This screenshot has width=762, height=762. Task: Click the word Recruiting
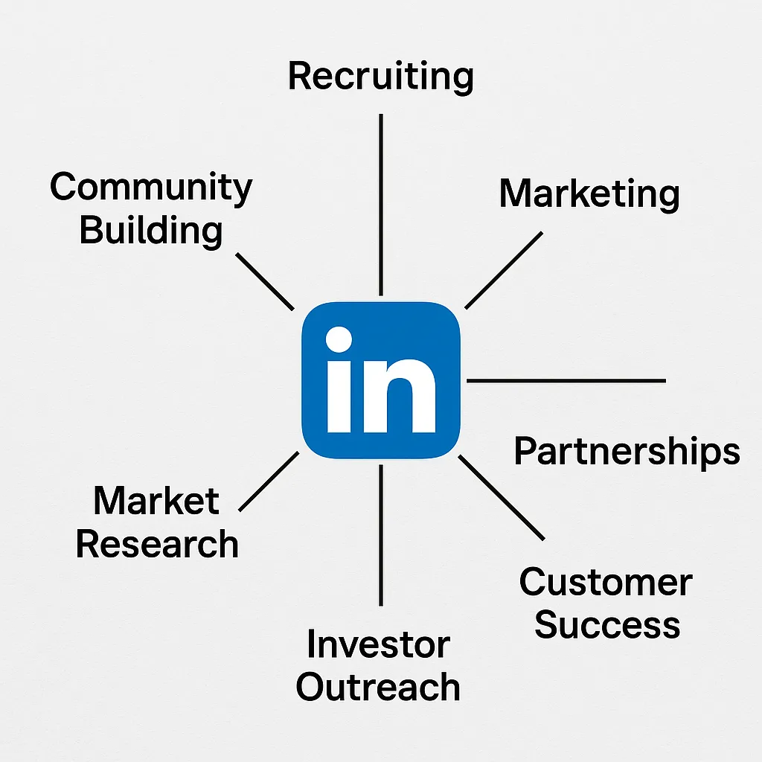[380, 77]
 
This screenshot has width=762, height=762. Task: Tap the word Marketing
[589, 194]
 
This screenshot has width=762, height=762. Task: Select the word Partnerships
[627, 452]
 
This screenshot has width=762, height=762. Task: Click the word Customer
[606, 582]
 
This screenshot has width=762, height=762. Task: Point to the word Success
[607, 624]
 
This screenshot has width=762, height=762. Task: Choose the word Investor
[378, 644]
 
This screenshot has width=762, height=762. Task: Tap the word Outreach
[378, 686]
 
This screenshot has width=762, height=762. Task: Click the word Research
[157, 544]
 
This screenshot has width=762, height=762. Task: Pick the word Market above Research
[156, 502]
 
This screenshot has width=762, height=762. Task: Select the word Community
[151, 188]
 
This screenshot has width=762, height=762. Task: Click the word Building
[151, 230]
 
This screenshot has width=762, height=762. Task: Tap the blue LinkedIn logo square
[380, 380]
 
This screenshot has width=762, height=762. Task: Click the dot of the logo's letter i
[339, 341]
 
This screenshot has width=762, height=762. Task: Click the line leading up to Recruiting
[381, 205]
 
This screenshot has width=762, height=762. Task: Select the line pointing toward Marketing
[504, 270]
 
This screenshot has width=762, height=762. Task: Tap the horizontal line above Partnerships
[566, 380]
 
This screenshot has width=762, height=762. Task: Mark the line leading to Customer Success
[502, 497]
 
